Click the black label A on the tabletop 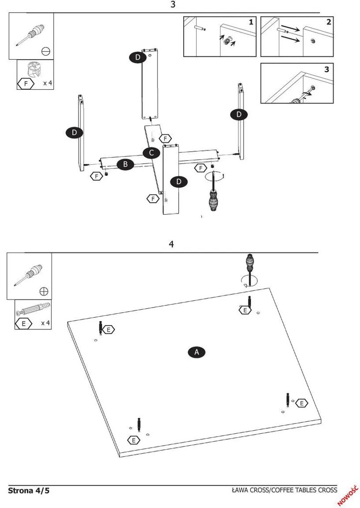coord(197,352)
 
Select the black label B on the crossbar coord(125,164)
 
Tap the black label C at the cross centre coord(151,152)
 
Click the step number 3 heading coord(173,4)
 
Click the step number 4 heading coord(171,244)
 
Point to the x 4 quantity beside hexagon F coord(47,83)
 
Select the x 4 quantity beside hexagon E coord(45,323)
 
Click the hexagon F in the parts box coord(26,84)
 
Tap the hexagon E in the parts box coord(24,324)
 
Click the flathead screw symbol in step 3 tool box coord(46,51)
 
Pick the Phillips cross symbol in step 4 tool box coord(44,291)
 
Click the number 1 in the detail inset coord(251,22)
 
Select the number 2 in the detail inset coord(329,22)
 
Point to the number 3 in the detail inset coord(327,69)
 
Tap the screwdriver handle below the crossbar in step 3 coord(213,201)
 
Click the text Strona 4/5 coord(29,490)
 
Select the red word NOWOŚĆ coord(348,496)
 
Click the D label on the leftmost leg coord(74,132)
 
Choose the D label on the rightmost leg coord(239,115)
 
